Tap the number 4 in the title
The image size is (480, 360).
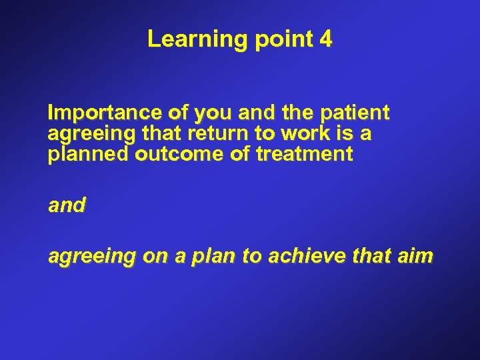(x=325, y=39)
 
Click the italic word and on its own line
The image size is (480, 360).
(x=67, y=206)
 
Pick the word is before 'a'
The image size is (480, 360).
(x=347, y=134)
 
